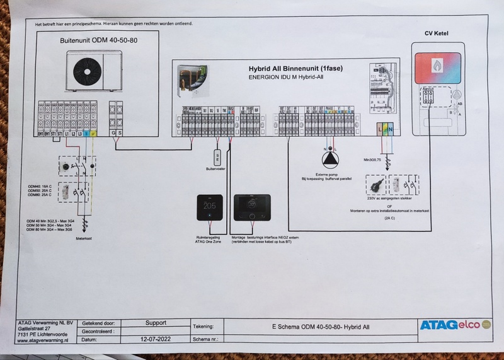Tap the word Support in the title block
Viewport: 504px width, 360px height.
click(155, 322)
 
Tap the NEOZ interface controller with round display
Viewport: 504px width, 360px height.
click(251, 208)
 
